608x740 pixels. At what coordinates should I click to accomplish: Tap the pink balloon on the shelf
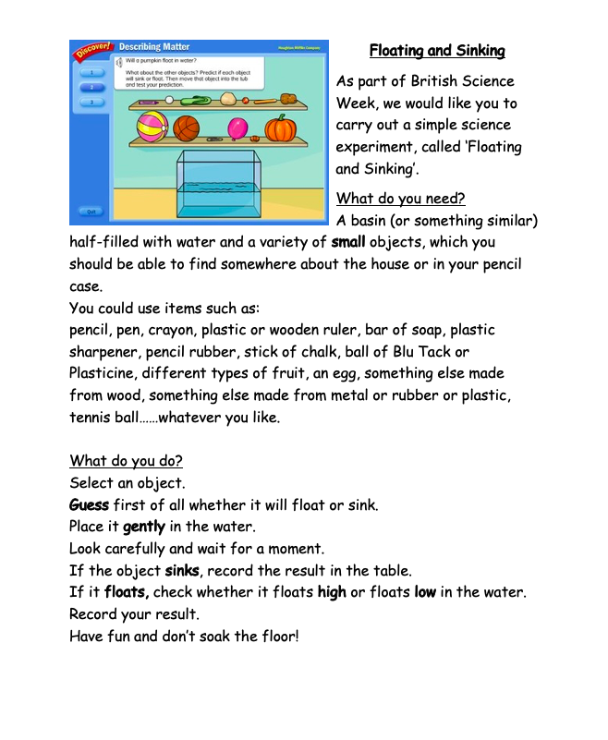pyautogui.click(x=238, y=128)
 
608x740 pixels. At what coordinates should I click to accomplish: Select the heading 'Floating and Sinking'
pyautogui.click(x=437, y=51)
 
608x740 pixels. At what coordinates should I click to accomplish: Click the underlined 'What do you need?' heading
pyautogui.click(x=401, y=198)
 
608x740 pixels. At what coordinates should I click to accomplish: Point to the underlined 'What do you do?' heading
pyautogui.click(x=126, y=461)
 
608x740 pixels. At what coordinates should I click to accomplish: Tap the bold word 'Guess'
pyautogui.click(x=89, y=505)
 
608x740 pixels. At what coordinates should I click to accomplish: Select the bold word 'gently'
pyautogui.click(x=144, y=527)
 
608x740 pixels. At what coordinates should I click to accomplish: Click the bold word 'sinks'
pyautogui.click(x=183, y=571)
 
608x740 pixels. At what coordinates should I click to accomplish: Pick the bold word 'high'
pyautogui.click(x=332, y=592)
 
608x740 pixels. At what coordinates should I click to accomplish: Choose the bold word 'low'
pyautogui.click(x=424, y=592)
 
